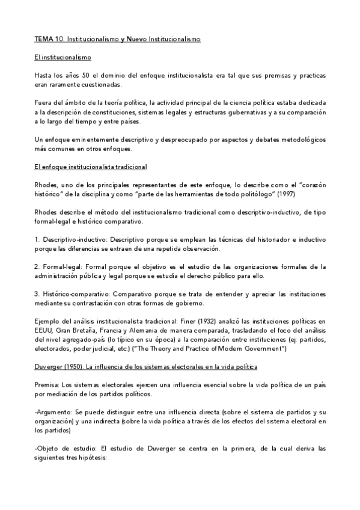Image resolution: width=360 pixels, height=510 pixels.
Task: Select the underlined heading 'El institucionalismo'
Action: click(x=63, y=58)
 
